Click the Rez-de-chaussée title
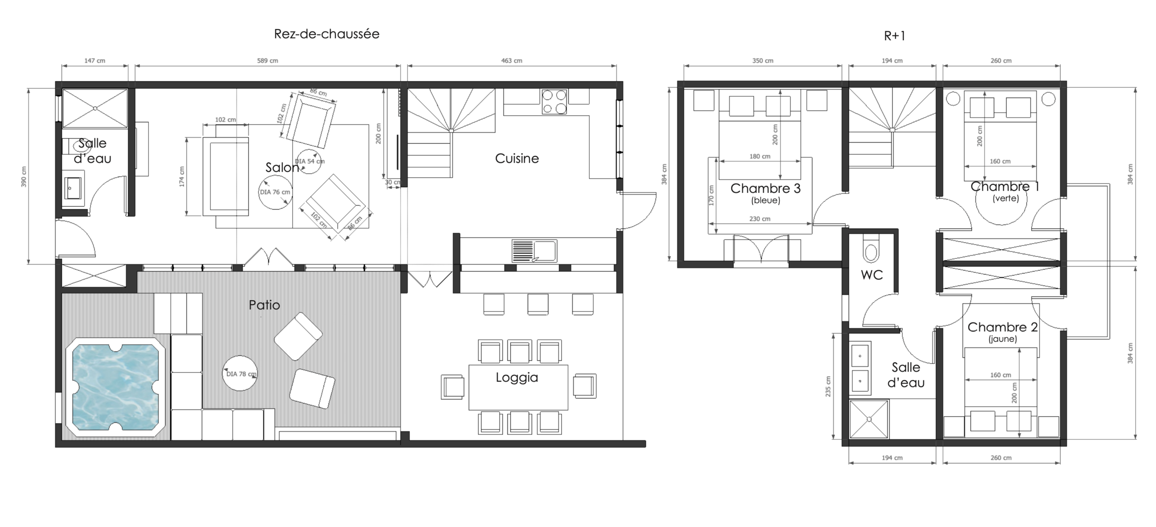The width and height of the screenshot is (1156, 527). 326,34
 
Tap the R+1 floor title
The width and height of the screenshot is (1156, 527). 894,36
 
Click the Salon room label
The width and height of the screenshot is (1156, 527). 282,167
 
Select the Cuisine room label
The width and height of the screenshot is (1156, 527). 517,158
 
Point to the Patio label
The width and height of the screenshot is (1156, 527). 264,305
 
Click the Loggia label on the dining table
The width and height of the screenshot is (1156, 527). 517,377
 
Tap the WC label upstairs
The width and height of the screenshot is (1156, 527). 872,275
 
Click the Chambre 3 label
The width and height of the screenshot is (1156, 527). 765,188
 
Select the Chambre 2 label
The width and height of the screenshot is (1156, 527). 1002,327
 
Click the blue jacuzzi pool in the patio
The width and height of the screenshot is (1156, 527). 116,387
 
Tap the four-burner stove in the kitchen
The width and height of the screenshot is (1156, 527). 554,102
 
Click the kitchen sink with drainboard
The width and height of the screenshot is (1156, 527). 534,251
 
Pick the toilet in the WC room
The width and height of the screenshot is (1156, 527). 871,248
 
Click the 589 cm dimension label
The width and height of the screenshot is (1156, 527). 268,61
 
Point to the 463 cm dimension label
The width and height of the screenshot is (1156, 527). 512,61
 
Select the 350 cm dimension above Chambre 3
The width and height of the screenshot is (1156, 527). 763,61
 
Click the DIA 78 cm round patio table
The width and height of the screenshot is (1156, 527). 240,373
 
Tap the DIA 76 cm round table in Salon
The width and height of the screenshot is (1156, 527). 275,192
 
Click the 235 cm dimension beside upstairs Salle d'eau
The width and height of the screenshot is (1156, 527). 828,386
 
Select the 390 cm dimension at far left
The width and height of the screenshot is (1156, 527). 24,177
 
